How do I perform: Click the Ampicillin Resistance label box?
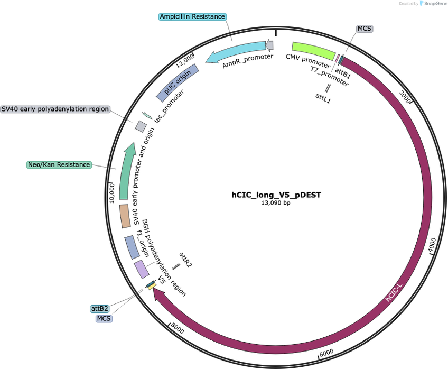193,16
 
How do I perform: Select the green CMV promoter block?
314,51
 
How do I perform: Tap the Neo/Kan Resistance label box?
59,164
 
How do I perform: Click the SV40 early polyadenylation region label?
55,109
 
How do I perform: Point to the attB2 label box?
100,309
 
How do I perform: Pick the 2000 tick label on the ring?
405,96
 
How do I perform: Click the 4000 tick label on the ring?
432,245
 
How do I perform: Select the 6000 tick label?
326,353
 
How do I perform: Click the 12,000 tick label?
184,61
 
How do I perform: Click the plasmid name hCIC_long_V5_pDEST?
276,195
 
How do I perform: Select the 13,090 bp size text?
276,203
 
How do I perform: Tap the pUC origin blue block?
178,82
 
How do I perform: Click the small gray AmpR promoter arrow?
269,45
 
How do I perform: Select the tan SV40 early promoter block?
125,216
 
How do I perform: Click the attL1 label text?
323,98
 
